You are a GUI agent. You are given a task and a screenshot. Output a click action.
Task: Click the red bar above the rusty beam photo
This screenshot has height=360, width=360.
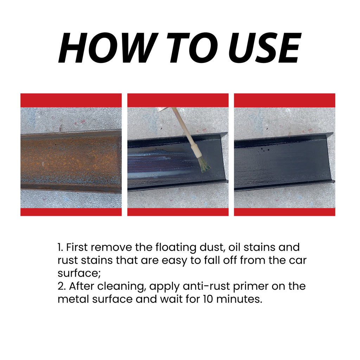(x=71, y=100)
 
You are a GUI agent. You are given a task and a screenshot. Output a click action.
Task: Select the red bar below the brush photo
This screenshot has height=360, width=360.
(x=178, y=212)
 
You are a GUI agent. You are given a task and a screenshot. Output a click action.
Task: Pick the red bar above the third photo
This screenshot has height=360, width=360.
(x=284, y=100)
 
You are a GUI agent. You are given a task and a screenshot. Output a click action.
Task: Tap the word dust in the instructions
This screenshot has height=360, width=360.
(x=211, y=247)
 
